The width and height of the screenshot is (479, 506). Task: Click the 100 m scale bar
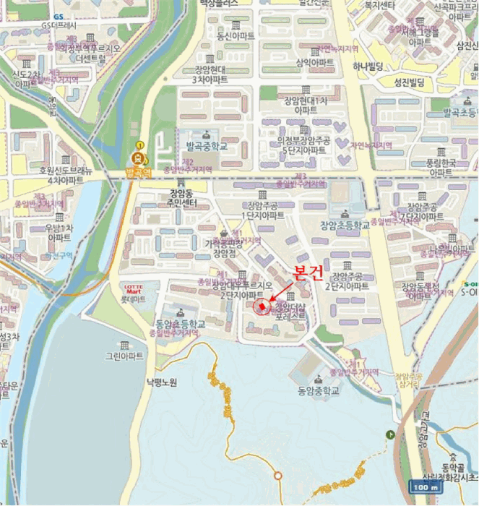tap(425, 486)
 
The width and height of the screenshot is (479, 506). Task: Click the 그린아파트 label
tap(124, 356)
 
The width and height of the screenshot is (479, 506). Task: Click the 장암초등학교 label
tap(345, 225)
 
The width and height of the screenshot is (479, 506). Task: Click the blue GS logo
tap(59, 14)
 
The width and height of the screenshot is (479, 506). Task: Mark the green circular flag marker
tap(391, 434)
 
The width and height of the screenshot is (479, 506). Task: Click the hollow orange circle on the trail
tap(277, 475)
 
